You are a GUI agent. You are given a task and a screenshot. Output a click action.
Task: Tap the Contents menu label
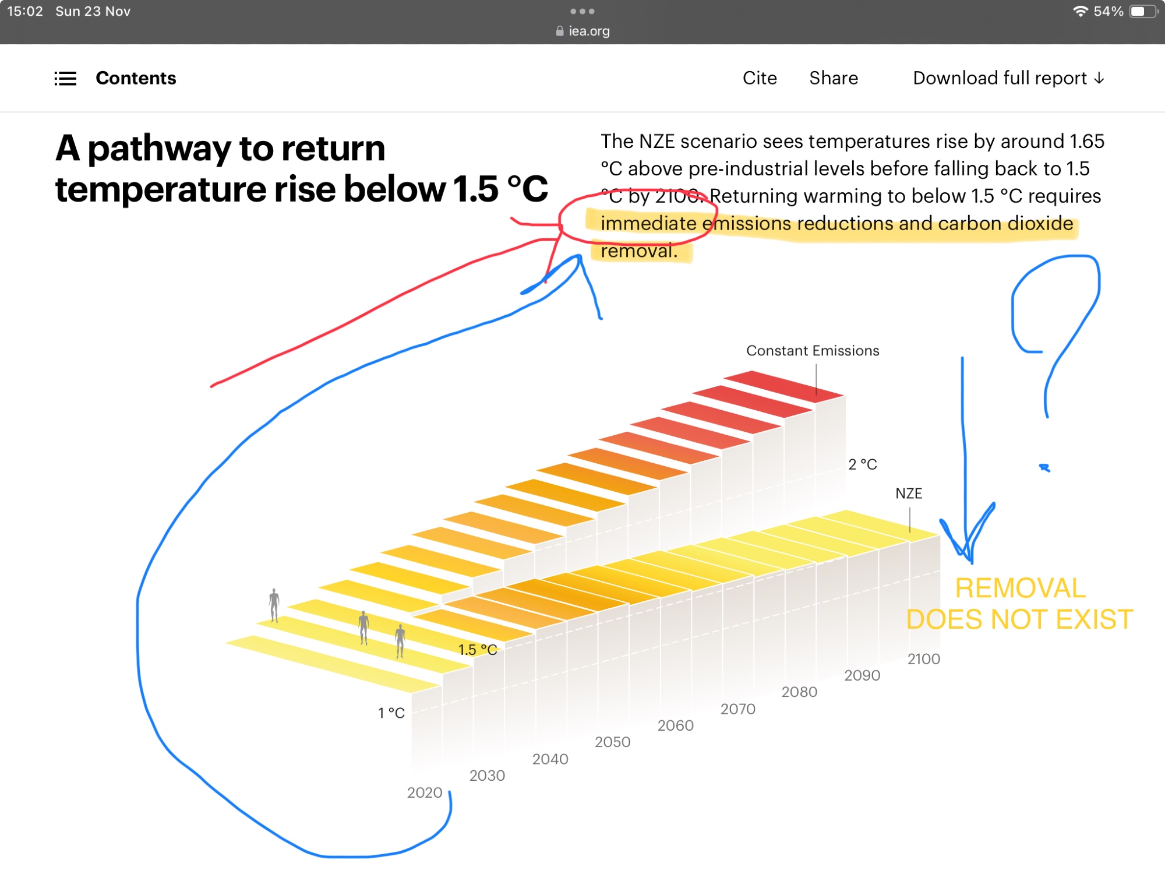(136, 78)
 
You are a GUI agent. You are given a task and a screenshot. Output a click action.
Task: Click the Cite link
(760, 78)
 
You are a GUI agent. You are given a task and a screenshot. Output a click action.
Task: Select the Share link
(834, 78)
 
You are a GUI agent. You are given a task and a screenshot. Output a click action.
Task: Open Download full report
(1008, 78)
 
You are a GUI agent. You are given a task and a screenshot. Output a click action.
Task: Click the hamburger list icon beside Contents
(65, 78)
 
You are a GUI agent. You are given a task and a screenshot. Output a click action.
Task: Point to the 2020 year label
(425, 792)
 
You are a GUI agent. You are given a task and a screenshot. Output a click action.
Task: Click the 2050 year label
(613, 742)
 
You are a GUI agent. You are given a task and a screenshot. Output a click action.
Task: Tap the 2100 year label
(924, 659)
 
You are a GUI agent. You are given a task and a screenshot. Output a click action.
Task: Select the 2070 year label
(738, 709)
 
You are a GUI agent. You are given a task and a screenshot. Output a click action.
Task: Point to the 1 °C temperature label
(391, 713)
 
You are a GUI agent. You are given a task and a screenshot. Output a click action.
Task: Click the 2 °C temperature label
(863, 464)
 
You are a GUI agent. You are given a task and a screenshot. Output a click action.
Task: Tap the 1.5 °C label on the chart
(478, 650)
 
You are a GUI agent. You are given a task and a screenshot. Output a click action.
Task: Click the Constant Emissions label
(813, 351)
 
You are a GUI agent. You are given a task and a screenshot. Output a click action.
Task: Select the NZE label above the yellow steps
(909, 494)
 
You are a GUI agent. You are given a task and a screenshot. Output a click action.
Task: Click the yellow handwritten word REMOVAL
(1021, 588)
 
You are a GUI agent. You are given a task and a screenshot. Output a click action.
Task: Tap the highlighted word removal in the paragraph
(639, 251)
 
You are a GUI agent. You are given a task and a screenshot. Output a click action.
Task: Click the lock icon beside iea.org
(560, 31)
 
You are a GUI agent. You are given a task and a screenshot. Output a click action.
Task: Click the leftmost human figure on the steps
(274, 605)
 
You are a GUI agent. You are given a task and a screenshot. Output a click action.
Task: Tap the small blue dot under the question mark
(1044, 467)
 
